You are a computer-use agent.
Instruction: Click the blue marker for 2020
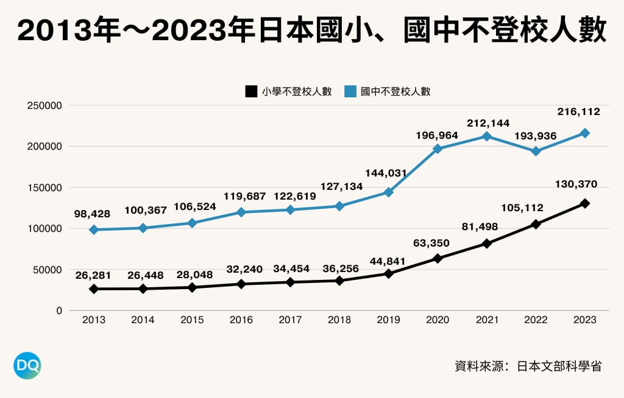[438, 148]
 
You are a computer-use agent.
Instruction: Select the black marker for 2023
[585, 203]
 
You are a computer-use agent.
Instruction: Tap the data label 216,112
[578, 112]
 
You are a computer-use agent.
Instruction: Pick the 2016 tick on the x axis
[241, 320]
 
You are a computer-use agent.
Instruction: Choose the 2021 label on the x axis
[486, 320]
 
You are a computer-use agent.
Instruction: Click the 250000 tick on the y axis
[44, 105]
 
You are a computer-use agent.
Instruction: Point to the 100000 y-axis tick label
[44, 229]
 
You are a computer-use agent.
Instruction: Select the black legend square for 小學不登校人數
[250, 92]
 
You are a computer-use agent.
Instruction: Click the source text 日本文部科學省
[559, 366]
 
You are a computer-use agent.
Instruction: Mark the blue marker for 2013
[94, 229]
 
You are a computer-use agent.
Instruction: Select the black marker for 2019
[389, 273]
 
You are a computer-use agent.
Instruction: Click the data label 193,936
[536, 136]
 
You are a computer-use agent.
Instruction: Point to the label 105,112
[522, 208]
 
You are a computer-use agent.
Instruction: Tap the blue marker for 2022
[536, 152]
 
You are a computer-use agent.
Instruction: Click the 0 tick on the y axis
[58, 311]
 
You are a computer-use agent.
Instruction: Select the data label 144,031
[385, 173]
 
